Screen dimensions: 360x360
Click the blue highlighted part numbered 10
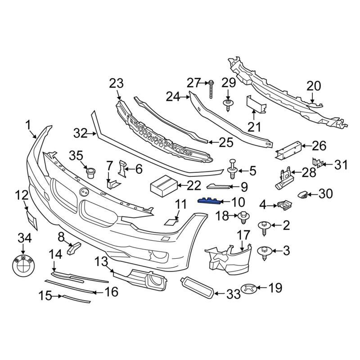[209, 201]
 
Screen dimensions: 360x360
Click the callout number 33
[234, 294]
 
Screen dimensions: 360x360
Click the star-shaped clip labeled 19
[249, 288]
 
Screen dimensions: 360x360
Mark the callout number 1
[28, 124]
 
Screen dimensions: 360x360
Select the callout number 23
[116, 83]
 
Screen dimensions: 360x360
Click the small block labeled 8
[74, 247]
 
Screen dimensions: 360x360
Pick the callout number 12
[21, 195]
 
